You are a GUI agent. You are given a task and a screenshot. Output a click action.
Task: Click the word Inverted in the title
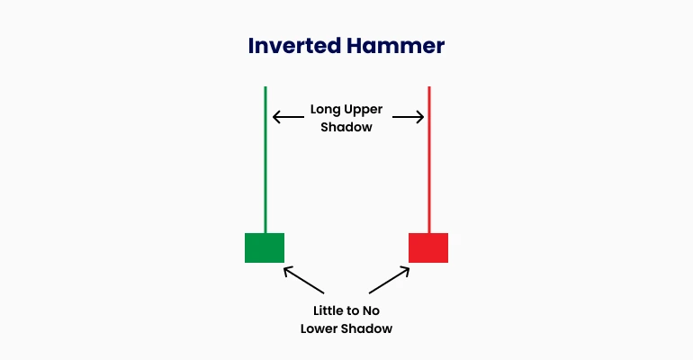[x=294, y=46]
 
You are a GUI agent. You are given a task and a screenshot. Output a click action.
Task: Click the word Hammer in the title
[x=396, y=46]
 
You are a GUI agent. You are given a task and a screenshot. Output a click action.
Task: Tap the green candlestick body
[x=265, y=247]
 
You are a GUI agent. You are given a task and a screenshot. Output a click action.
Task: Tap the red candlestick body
[x=428, y=247]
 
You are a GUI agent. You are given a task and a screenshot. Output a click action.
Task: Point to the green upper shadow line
[x=265, y=160]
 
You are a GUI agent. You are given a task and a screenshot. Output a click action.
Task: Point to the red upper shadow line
[x=429, y=160]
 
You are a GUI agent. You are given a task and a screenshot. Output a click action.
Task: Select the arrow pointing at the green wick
[x=288, y=117]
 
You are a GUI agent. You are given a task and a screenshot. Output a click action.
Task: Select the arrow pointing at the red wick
[x=409, y=117]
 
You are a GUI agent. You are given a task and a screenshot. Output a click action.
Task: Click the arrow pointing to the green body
[x=303, y=280]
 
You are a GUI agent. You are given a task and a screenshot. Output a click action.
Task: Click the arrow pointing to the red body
[x=390, y=280]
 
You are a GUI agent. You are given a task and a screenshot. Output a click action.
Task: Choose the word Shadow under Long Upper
[x=346, y=127]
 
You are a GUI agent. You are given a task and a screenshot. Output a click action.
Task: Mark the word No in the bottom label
[x=372, y=311]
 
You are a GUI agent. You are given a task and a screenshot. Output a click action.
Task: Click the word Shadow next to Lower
[x=367, y=328]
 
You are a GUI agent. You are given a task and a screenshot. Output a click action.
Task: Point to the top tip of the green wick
[x=265, y=87]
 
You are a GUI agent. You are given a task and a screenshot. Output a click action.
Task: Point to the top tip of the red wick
[x=429, y=87]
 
